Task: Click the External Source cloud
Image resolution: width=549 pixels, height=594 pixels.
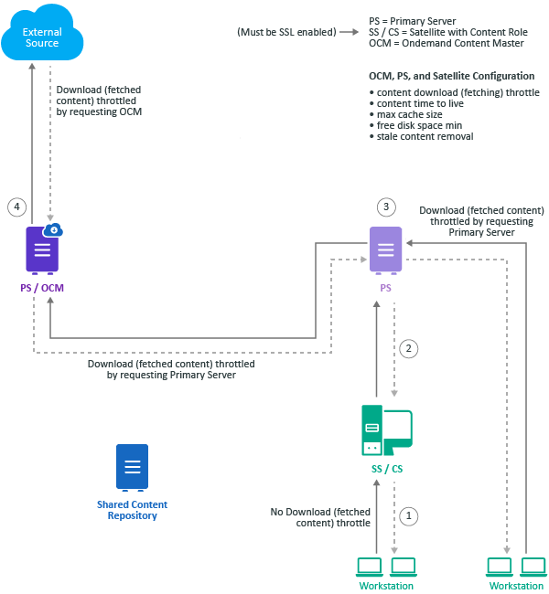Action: tap(43, 37)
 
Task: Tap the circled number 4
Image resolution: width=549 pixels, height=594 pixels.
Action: tap(16, 207)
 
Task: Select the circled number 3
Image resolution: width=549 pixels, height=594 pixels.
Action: tap(386, 207)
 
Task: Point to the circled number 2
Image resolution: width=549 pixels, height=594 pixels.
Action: tap(410, 348)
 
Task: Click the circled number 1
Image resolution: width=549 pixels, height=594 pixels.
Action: tap(410, 515)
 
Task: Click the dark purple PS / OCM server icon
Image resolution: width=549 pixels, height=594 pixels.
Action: tap(42, 249)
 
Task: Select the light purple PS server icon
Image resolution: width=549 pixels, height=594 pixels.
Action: tap(385, 249)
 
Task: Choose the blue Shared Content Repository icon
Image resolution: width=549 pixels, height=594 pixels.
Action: tap(132, 467)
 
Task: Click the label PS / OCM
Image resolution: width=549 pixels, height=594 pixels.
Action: tap(42, 288)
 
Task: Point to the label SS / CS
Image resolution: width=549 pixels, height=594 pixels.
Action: tap(385, 469)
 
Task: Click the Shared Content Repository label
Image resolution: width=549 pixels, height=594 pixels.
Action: tap(132, 510)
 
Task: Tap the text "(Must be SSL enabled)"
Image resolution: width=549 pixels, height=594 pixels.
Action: tap(287, 33)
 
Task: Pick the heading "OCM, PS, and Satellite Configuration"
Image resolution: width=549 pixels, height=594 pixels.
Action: tap(451, 76)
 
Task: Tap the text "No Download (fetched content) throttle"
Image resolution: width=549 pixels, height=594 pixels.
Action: tap(320, 517)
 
